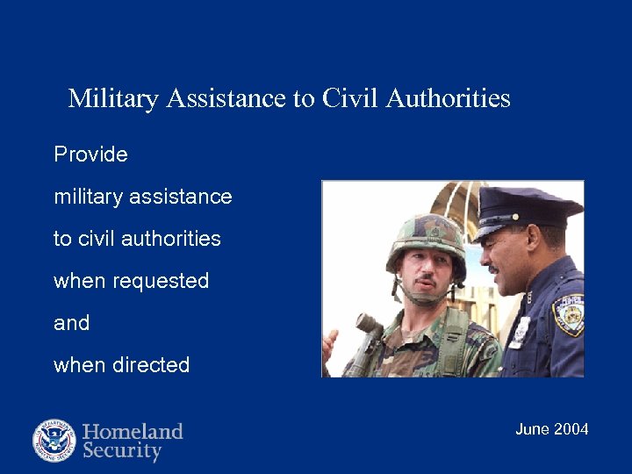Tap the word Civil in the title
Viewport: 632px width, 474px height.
(x=349, y=97)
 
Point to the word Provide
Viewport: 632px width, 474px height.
(x=90, y=155)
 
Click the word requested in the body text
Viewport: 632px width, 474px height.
(x=160, y=282)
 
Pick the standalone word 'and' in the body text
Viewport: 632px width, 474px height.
(x=71, y=323)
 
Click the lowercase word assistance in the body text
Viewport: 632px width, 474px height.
(x=181, y=197)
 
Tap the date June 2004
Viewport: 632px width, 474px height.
(x=551, y=429)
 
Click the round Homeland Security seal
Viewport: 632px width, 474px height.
(x=54, y=441)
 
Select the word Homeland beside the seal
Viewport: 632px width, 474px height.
(x=133, y=431)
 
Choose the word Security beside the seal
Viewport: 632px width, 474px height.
(x=122, y=452)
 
